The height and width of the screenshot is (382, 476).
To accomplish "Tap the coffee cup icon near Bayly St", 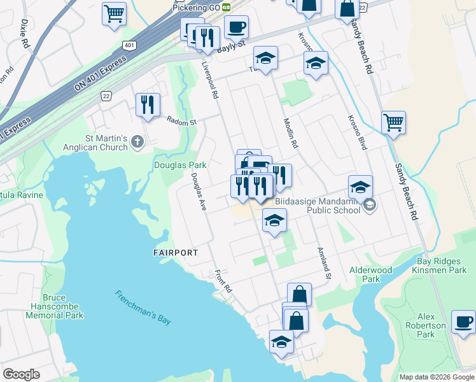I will point(236,27).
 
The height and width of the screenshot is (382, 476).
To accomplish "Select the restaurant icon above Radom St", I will point(148,104).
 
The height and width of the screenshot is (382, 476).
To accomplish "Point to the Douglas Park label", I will point(180,165).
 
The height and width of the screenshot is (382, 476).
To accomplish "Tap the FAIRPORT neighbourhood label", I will point(176,253).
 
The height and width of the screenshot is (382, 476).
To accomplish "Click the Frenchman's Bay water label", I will point(143,307).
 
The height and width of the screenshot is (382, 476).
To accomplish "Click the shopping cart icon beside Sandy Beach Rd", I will point(394,122).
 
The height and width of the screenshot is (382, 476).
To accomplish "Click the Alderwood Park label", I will point(371,274).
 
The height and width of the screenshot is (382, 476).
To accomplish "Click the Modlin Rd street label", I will point(291,134).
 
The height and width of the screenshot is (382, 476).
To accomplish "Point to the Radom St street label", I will point(181,120).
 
